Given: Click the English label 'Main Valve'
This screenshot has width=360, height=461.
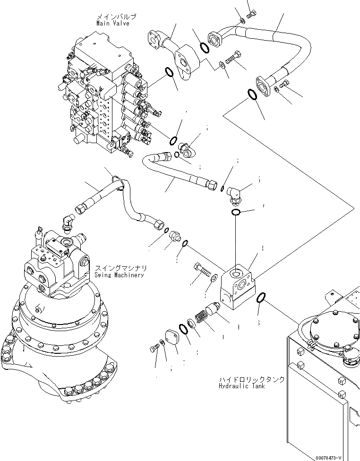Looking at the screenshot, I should pyautogui.click(x=112, y=23).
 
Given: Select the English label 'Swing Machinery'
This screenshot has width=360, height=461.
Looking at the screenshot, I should pyautogui.click(x=119, y=275).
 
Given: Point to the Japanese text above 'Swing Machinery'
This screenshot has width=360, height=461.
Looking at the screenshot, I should pyautogui.click(x=119, y=268).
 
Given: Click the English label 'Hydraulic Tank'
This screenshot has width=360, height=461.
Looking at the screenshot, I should pyautogui.click(x=241, y=386).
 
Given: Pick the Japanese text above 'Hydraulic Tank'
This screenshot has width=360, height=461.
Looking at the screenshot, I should pyautogui.click(x=251, y=379).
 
